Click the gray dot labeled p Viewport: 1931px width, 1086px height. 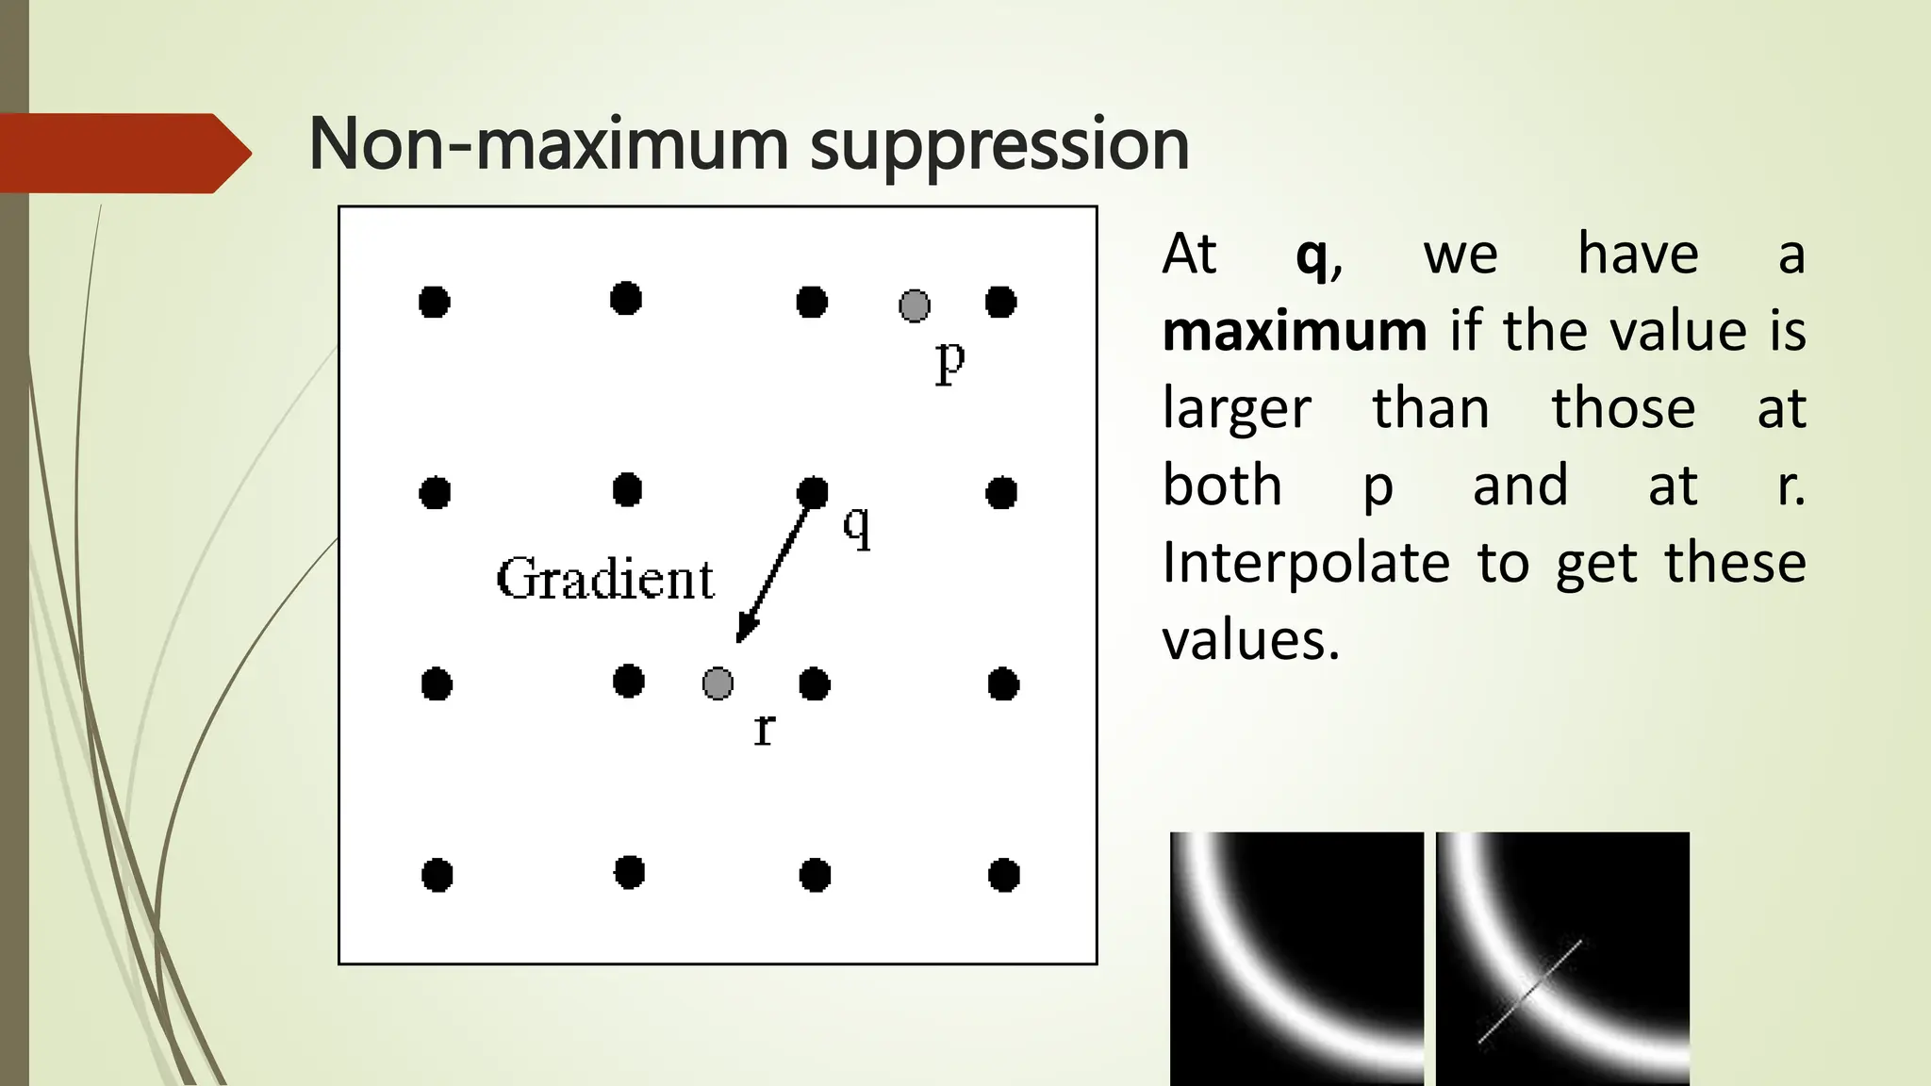[914, 305]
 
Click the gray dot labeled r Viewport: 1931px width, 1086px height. [718, 683]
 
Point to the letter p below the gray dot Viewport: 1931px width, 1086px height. [950, 360]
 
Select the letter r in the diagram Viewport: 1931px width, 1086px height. [764, 729]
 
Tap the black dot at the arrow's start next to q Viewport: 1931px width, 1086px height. [812, 491]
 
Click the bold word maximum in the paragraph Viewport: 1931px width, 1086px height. [1295, 331]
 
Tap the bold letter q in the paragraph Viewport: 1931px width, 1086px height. [1312, 255]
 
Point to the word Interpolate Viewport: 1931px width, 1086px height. [1306, 563]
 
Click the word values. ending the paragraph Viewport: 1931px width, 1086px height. [1250, 640]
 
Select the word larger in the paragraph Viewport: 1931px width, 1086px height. [1237, 409]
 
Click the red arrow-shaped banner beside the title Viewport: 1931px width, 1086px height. [123, 153]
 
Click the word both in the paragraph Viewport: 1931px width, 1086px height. [1222, 485]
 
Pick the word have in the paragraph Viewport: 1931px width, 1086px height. [1638, 254]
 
